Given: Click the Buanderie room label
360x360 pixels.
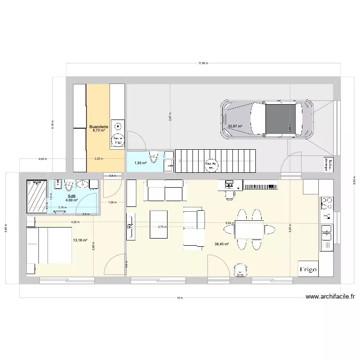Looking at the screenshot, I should click(x=98, y=127).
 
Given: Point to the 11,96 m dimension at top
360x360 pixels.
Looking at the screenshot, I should click(x=204, y=63).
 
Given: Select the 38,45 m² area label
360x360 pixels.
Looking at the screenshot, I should click(x=222, y=244).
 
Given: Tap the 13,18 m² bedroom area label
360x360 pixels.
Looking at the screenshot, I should click(x=80, y=240).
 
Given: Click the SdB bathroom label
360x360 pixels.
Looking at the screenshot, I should click(x=72, y=196).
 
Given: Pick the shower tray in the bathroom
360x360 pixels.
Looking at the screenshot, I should click(x=37, y=196).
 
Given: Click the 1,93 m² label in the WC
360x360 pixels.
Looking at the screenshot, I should click(x=140, y=163).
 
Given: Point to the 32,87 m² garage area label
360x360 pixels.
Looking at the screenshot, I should click(x=235, y=126).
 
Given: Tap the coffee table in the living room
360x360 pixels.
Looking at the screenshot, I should click(x=158, y=224).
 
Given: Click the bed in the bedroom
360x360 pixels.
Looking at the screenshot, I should click(x=49, y=245).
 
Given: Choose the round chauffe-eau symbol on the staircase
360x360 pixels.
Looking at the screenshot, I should click(x=211, y=165).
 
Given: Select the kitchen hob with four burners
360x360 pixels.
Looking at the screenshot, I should click(x=326, y=203).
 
